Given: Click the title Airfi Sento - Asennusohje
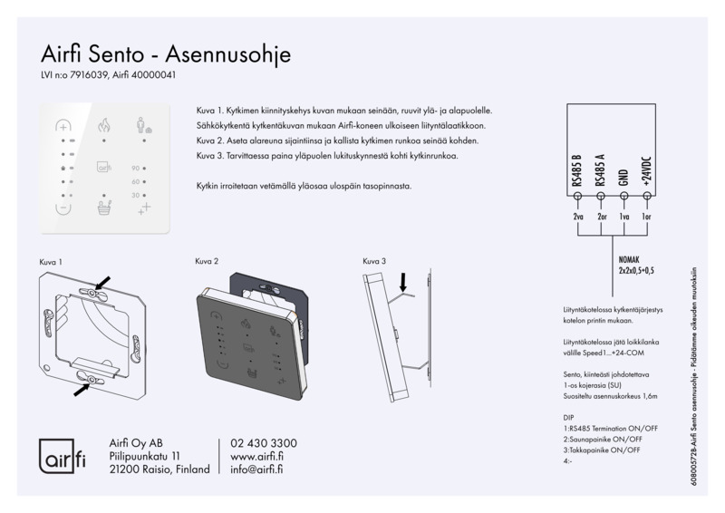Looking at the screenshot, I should point(166,53).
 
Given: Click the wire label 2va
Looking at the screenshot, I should point(578,218).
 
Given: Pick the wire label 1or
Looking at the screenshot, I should point(645,218).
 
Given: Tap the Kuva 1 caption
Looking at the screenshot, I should point(51,261).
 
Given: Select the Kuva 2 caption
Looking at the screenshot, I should point(208,261).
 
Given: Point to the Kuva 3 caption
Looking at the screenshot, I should point(374,261).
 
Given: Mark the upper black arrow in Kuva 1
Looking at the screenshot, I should point(103,284).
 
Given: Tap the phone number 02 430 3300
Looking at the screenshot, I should point(264,443).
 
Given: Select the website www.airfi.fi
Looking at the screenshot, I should point(258,457).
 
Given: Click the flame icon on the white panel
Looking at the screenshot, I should point(103,125).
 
